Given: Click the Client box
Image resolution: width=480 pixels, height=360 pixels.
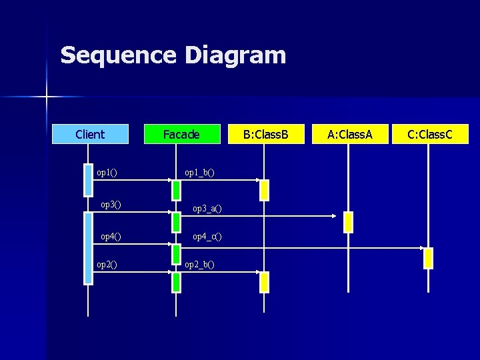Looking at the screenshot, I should coord(90,134).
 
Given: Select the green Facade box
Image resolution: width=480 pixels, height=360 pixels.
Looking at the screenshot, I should coord(181,134).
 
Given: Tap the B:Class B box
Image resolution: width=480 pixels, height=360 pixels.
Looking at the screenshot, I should coord(265,134).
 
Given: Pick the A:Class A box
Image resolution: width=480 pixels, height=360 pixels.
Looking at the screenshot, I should coord(349,134).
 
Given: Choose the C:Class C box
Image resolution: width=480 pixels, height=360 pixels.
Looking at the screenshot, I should coord(430,134).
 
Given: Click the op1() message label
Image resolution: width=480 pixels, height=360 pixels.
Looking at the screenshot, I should coord(107,173).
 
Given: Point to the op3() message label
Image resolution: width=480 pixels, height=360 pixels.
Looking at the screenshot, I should coord(110,204).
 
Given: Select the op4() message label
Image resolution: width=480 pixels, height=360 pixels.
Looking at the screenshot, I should coord(110,236).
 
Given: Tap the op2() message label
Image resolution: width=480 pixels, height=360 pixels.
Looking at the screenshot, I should coord(107,264).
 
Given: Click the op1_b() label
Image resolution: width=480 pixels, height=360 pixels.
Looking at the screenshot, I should coord(199,173).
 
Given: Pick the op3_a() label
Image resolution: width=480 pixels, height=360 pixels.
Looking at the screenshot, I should coord(207,209).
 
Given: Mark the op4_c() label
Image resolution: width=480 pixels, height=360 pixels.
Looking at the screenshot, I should coord(207,236).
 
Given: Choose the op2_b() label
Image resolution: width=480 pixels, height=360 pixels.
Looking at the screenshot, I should coord(199,264).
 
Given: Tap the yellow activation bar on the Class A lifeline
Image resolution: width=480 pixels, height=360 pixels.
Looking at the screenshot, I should coord(347,221).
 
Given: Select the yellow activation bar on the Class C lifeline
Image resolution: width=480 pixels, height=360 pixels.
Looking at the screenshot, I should coord(429,257).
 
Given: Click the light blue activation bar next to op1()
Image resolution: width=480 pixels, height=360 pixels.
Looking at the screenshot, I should coord(89,180).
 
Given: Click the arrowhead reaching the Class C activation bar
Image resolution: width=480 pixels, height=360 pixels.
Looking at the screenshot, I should coord(421,247).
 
